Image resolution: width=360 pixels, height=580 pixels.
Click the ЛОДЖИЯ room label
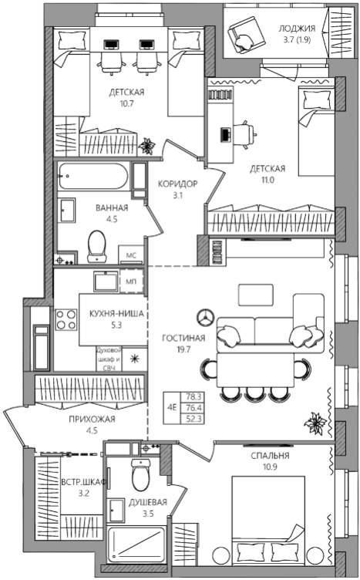[x=297, y=28]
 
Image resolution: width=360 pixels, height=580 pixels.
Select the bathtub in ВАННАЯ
[x=93, y=177]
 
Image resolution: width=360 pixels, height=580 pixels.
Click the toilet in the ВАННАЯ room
[x=97, y=246]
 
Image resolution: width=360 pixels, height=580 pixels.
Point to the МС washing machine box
[x=131, y=255]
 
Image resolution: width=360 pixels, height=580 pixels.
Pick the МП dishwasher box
[x=131, y=282]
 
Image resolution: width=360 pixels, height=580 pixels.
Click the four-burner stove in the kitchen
[x=66, y=319]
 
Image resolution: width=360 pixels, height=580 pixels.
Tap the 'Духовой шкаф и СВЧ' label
[x=109, y=359]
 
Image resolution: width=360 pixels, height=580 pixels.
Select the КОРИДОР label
[x=178, y=184]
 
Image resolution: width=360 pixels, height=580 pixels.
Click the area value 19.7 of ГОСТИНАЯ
[x=183, y=349]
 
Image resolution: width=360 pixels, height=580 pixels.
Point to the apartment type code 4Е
[x=172, y=408]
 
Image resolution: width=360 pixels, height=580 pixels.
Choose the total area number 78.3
[x=193, y=397]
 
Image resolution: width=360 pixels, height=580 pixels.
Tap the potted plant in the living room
[x=315, y=423]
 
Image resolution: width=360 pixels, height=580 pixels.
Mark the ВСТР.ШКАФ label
[x=83, y=482]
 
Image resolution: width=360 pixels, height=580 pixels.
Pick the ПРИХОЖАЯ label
[x=92, y=419]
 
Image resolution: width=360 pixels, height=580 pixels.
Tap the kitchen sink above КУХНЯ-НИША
[x=106, y=282]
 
